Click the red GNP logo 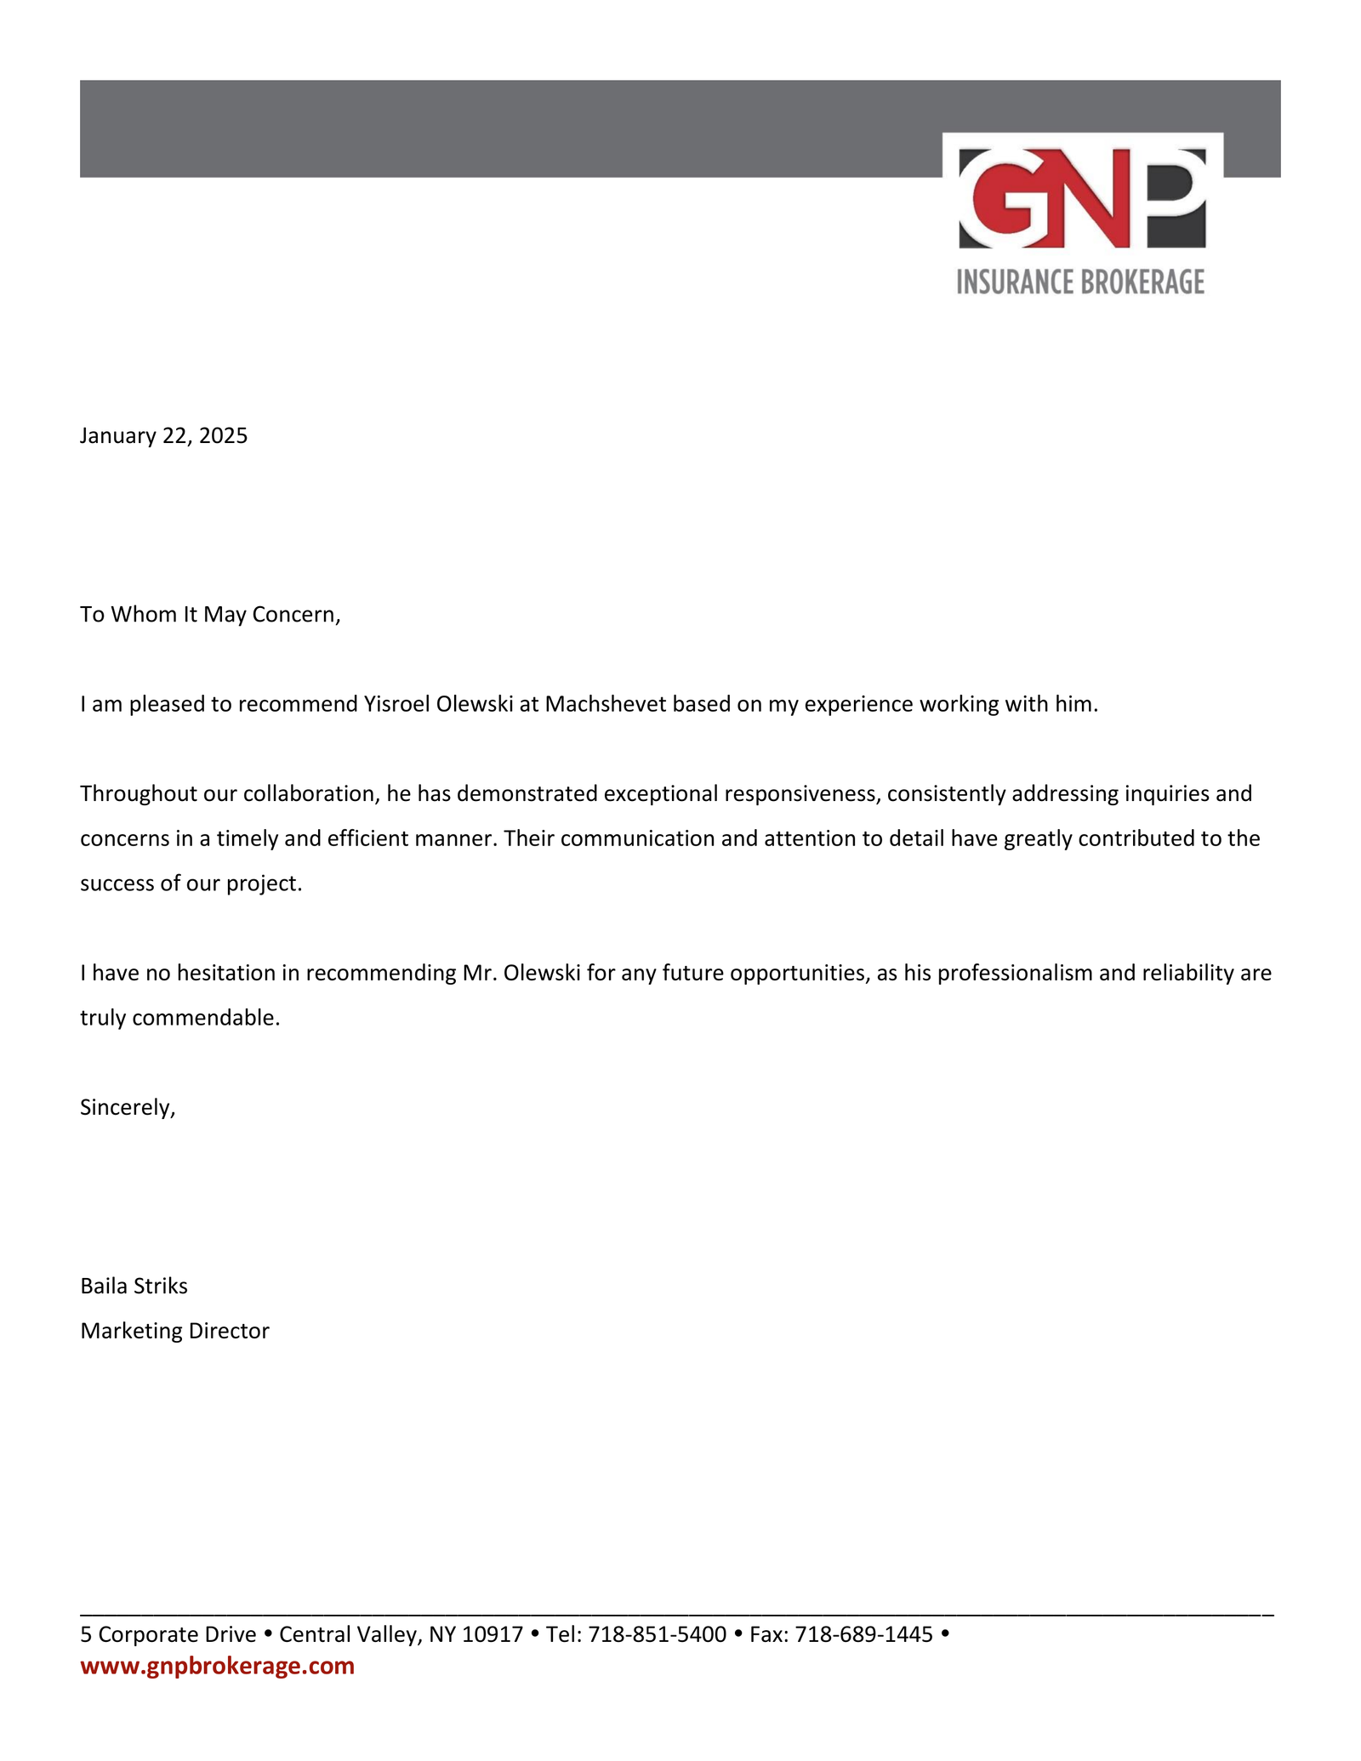[x=1082, y=198]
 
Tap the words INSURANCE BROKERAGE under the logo [x=1080, y=281]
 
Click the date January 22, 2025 [x=164, y=436]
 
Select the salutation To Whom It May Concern [x=210, y=615]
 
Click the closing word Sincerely [x=128, y=1107]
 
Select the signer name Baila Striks [x=134, y=1286]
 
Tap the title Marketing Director [x=174, y=1331]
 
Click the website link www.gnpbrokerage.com [x=217, y=1666]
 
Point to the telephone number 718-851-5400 [x=657, y=1634]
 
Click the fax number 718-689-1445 [x=863, y=1634]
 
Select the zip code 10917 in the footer [x=492, y=1634]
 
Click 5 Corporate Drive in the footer [x=168, y=1634]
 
